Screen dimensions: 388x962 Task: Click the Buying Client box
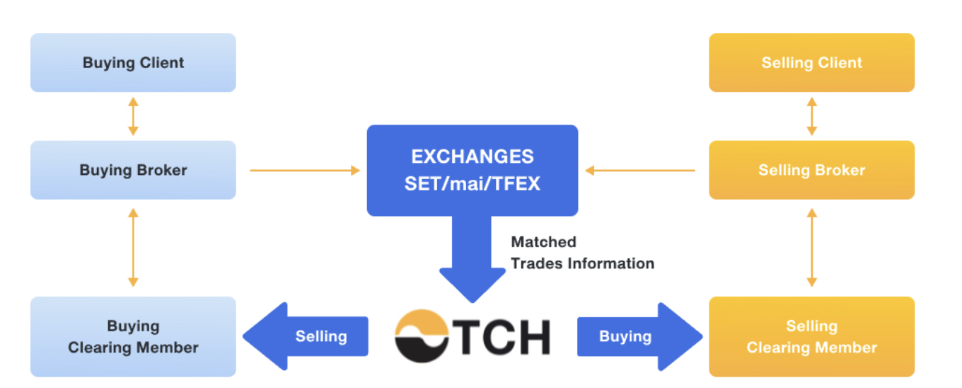[x=133, y=62]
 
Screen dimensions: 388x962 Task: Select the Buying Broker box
[x=133, y=170]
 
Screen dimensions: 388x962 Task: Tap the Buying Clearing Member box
[x=133, y=336]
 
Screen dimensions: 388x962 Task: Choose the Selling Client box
[x=811, y=62]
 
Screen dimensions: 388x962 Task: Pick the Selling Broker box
[x=811, y=170]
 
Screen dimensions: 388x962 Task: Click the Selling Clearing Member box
[x=811, y=336]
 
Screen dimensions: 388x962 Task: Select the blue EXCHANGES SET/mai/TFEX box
[x=472, y=170]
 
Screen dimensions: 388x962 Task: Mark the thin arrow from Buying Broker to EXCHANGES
[x=305, y=170]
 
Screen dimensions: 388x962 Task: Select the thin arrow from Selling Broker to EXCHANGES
[x=640, y=170]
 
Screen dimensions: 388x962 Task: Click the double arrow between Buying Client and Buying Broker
[x=133, y=116]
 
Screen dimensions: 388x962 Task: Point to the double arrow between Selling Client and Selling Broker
[x=811, y=116]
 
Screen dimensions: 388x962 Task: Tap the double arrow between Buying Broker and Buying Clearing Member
[x=133, y=247]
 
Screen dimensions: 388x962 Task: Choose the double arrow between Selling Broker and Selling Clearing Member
[x=811, y=247]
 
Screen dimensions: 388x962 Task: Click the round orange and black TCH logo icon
[x=422, y=336]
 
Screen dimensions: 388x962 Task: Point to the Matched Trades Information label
[x=581, y=253]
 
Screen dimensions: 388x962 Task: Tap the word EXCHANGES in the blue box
[x=472, y=156]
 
